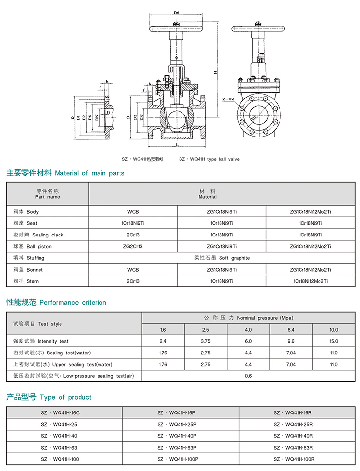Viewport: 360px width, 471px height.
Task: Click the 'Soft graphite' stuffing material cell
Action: pos(221,258)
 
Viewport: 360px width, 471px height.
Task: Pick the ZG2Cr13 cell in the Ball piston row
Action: pos(133,246)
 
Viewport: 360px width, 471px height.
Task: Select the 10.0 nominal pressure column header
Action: pos(333,330)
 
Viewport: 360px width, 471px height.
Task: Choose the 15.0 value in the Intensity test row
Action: pos(333,341)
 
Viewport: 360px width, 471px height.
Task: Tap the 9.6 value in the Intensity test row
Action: pos(291,341)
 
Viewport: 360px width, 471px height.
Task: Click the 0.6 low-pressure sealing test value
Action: pos(248,376)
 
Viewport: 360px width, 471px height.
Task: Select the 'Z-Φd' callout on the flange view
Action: pos(227,99)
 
